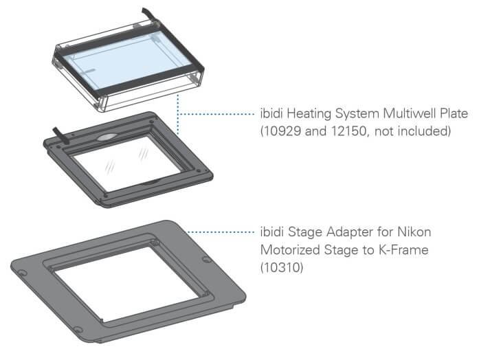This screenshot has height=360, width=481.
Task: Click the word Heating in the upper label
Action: point(309,114)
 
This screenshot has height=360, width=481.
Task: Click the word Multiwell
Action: point(410,114)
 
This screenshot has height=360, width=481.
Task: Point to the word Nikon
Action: point(414,232)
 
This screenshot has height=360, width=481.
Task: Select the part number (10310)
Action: point(282,267)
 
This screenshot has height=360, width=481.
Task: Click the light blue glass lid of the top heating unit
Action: point(129,63)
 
